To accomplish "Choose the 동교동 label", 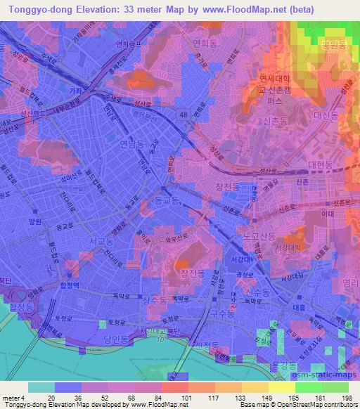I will tap(166, 200).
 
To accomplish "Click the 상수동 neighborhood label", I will tap(156, 301).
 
